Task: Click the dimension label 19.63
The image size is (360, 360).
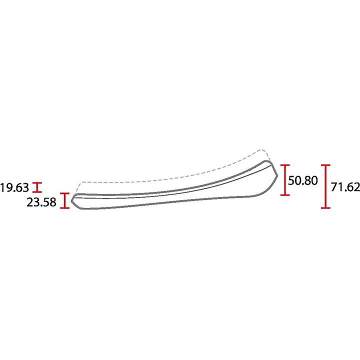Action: pos(14,187)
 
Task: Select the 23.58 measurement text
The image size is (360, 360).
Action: pos(41,202)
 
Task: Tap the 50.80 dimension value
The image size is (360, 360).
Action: pos(303,180)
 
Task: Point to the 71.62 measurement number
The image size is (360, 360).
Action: pos(345,187)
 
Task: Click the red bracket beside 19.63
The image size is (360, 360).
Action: pos(37,187)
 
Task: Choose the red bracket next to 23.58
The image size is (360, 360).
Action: pos(64,200)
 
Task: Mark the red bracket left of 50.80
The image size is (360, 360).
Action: pos(285,180)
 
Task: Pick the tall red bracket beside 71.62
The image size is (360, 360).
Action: pos(325,186)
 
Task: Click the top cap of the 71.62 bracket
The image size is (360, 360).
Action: pos(325,165)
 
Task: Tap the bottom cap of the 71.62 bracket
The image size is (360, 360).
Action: pos(325,208)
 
